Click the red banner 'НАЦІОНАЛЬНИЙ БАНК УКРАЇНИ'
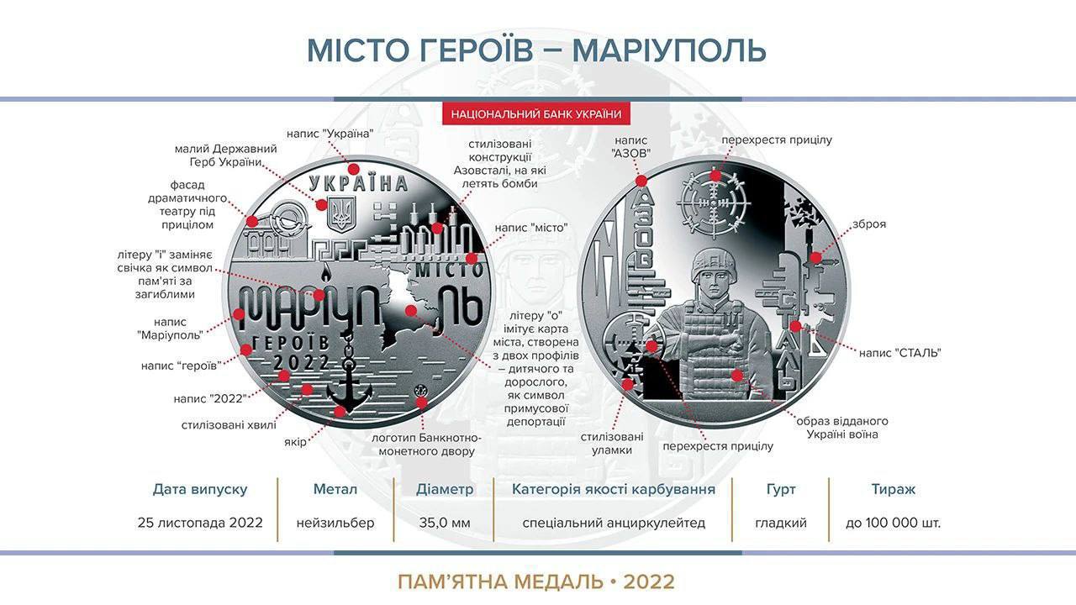(x=536, y=114)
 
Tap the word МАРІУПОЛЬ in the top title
(x=669, y=50)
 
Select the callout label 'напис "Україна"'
(x=330, y=133)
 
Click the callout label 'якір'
(x=294, y=442)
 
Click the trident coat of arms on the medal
(x=341, y=213)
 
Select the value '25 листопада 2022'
(x=200, y=523)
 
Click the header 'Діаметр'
(x=445, y=489)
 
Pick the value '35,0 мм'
(x=445, y=523)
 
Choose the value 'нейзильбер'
(x=335, y=523)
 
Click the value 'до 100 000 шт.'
(x=893, y=523)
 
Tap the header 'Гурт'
(x=781, y=489)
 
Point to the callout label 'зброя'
(x=868, y=224)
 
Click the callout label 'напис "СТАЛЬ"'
(x=899, y=353)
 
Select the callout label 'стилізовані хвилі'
(x=229, y=425)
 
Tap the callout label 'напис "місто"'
(x=531, y=228)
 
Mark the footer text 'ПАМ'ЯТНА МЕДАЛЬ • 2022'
(x=536, y=581)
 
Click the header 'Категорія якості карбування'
(x=614, y=489)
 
